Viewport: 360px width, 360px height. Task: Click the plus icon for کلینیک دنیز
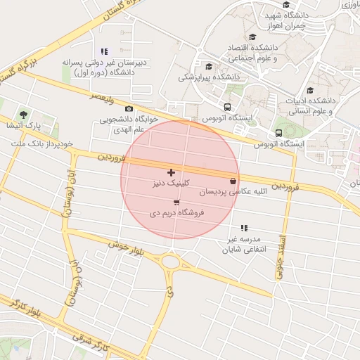click(x=171, y=172)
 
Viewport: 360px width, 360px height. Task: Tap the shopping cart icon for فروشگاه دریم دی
click(x=176, y=202)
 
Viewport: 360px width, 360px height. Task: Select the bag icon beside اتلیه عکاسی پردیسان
click(x=233, y=181)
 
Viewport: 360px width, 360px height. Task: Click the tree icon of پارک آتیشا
click(x=24, y=114)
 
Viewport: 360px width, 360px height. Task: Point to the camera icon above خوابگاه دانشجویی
click(x=129, y=108)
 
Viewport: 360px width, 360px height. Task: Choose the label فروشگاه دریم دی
click(x=177, y=212)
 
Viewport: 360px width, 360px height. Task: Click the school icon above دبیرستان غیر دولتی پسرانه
click(x=105, y=51)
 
